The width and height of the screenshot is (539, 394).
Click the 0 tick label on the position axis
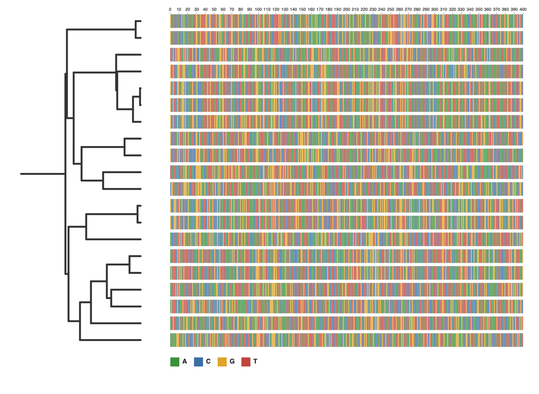tap(170, 9)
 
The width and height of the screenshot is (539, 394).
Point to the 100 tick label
tap(258, 9)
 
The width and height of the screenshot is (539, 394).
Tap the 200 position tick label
tap(346, 9)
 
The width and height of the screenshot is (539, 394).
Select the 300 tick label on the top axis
tap(435, 9)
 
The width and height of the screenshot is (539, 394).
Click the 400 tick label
tap(523, 9)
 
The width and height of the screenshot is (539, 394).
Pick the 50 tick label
tap(214, 9)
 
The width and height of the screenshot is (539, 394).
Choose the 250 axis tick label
tap(390, 9)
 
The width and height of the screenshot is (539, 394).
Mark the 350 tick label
tap(479, 9)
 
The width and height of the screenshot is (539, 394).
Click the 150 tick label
tap(302, 9)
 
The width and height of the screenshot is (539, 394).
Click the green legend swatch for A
tap(175, 362)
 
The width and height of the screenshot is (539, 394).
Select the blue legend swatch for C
tap(199, 362)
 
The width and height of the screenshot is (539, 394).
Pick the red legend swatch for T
tap(246, 362)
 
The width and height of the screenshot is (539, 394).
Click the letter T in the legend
tap(255, 362)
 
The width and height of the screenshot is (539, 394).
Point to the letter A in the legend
tap(185, 362)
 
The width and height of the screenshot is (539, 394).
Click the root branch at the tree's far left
tap(43, 174)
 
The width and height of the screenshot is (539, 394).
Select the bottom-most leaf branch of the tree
tap(110, 340)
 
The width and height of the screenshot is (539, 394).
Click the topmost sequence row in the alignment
tap(346, 21)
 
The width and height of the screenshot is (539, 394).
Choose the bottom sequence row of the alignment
tap(346, 340)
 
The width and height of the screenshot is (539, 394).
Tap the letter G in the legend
tap(232, 362)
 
